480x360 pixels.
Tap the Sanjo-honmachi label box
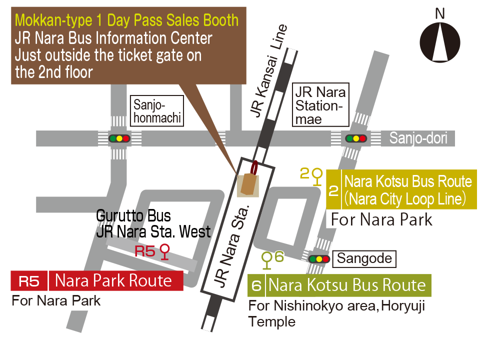click(x=157, y=111)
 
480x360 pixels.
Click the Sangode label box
click(x=364, y=258)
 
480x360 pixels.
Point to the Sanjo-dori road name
click(x=418, y=138)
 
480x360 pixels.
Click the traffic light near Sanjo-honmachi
click(x=119, y=138)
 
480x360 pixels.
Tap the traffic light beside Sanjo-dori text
click(x=356, y=138)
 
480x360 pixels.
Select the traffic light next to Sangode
click(x=319, y=259)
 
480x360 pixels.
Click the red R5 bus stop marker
click(x=165, y=251)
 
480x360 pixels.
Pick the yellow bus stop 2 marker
click(x=317, y=176)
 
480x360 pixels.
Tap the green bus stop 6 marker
click(x=267, y=259)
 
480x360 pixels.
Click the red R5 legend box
click(x=29, y=281)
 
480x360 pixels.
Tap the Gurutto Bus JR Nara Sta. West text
click(x=153, y=224)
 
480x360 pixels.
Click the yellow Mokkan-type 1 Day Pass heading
click(x=127, y=20)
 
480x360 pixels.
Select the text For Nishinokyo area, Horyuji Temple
click(x=336, y=313)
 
